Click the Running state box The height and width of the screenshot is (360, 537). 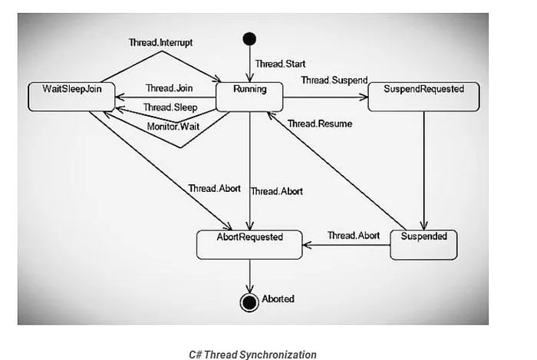tap(249, 95)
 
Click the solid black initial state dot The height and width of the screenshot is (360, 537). tap(249, 39)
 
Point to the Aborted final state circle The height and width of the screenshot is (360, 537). tap(249, 299)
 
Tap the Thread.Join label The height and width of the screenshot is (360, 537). tap(169, 89)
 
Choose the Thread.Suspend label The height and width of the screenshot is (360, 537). tap(334, 80)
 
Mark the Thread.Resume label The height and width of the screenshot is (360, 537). tap(320, 124)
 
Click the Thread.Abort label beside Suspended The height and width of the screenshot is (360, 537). tap(353, 235)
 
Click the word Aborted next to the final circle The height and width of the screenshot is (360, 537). tap(278, 299)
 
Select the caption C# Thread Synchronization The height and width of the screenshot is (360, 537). tap(252, 354)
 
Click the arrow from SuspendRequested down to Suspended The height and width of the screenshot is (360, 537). tap(426, 169)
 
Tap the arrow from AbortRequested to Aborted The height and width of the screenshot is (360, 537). tap(249, 274)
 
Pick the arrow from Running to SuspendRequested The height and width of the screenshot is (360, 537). tap(326, 97)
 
